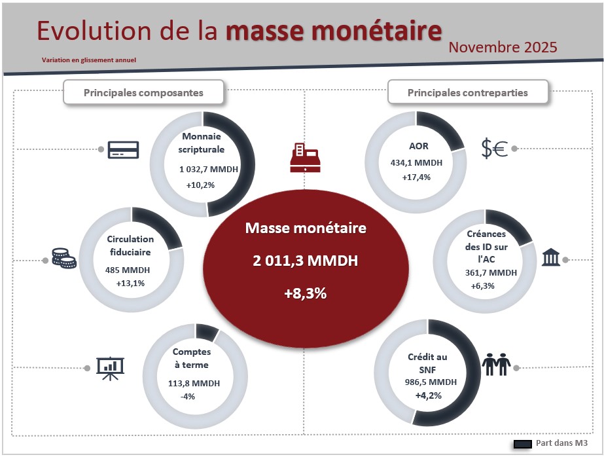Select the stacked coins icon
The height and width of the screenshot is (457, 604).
63,258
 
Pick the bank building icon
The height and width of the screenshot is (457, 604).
550,257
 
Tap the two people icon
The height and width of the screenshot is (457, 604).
495,364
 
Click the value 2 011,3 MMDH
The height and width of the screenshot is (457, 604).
305,261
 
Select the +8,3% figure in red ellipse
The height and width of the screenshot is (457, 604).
305,294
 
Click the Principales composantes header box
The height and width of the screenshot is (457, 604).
143,92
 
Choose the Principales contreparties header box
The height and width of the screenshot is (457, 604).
467,92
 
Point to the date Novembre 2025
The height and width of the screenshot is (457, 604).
503,47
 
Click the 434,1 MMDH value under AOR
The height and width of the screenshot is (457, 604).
415,163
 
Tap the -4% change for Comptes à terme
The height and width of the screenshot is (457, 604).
188,397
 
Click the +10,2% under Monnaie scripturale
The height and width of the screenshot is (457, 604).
200,185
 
